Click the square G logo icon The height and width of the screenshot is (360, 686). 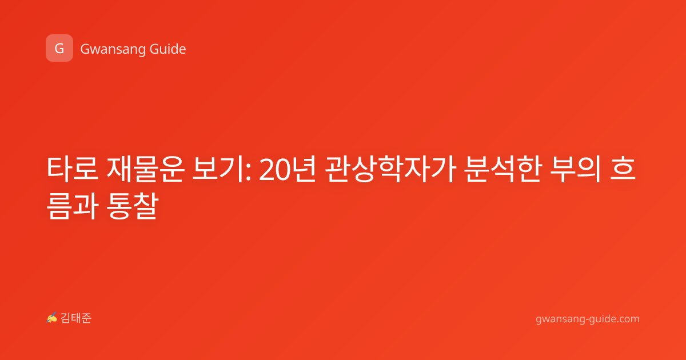click(x=59, y=48)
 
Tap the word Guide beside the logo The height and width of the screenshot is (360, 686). click(x=168, y=49)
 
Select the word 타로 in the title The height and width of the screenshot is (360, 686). click(x=73, y=169)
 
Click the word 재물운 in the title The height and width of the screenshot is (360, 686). click(x=145, y=169)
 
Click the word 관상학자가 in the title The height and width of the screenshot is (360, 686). click(x=391, y=169)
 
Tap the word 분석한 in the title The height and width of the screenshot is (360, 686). click(x=503, y=169)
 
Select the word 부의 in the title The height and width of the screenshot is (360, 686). click(x=575, y=169)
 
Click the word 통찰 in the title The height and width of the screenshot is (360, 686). click(x=132, y=206)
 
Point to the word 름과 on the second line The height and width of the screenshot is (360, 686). click(x=73, y=206)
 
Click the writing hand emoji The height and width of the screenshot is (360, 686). click(x=52, y=318)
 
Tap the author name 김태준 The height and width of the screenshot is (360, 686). click(x=76, y=318)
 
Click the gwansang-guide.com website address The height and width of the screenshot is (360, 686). click(x=588, y=319)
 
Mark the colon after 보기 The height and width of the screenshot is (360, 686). click(x=248, y=172)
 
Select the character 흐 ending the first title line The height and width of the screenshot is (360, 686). click(x=623, y=169)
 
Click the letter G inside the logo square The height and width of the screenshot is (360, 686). click(x=59, y=49)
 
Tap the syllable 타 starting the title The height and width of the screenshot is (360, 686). click(x=59, y=169)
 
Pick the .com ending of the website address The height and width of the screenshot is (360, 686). click(x=627, y=319)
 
